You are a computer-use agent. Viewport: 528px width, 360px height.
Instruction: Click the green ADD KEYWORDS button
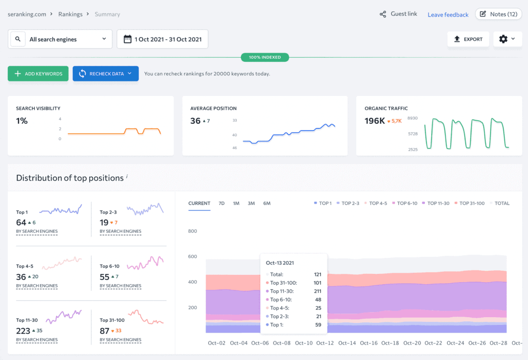38,74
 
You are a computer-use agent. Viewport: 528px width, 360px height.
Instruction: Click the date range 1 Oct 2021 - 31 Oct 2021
162,39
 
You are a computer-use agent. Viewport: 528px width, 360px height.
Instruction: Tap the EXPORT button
468,39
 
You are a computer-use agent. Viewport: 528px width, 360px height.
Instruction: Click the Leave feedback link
448,15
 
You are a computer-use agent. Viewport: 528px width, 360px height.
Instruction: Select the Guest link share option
399,14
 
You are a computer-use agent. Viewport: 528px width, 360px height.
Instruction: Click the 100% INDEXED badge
265,57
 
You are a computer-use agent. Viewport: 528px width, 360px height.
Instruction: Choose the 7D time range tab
221,203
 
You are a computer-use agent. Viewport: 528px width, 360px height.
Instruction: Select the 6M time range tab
267,203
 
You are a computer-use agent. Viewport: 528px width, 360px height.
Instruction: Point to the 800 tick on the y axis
193,231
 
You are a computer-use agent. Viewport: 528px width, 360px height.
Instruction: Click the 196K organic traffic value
374,121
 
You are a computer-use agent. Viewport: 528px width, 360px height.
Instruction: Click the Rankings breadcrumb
70,14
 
